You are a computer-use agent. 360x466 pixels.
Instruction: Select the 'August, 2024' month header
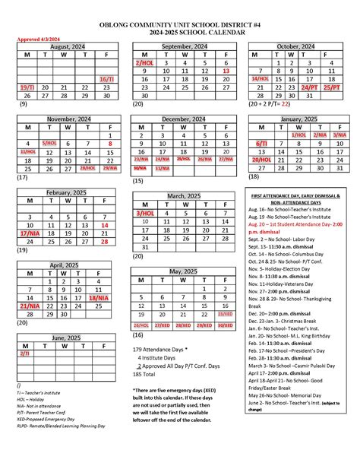pos(68,46)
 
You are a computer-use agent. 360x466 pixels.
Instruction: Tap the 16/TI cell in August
pos(107,79)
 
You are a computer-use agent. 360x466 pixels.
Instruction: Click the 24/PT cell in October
pos(309,87)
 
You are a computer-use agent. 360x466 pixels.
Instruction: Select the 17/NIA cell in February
pos(28,234)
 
